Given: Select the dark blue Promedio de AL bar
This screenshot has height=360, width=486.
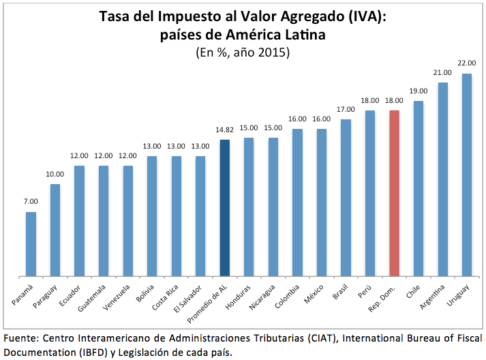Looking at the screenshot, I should pyautogui.click(x=224, y=208).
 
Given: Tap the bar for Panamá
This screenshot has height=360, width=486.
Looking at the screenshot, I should pyautogui.click(x=31, y=244).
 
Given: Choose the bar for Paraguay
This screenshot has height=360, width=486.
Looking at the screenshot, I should pyautogui.click(x=55, y=230).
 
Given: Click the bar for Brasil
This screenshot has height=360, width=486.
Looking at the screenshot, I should pyautogui.click(x=346, y=198).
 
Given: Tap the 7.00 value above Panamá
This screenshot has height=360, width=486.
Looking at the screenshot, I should pyautogui.click(x=31, y=201).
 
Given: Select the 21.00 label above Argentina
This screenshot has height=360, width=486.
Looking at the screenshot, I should pyautogui.click(x=442, y=72).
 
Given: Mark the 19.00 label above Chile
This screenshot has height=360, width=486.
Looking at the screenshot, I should pyautogui.click(x=419, y=91).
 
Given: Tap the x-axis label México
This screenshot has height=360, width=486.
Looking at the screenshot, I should pyautogui.click(x=316, y=292).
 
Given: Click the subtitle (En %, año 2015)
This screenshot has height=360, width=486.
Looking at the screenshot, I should pyautogui.click(x=243, y=52).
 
